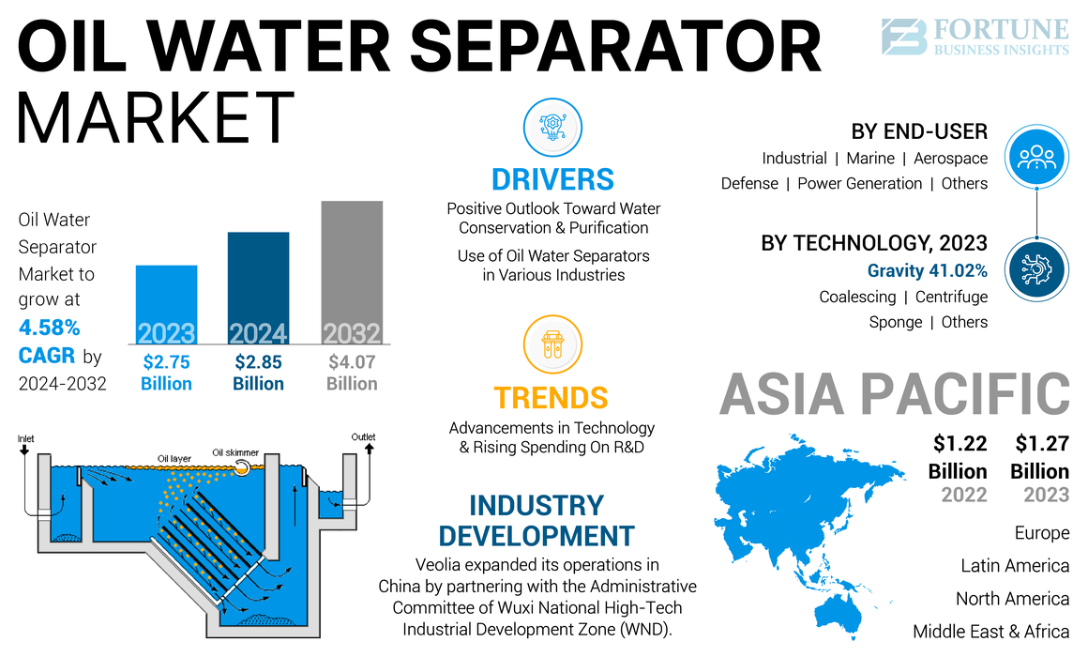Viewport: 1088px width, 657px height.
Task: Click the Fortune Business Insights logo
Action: [975, 38]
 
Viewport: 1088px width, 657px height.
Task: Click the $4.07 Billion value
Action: [352, 372]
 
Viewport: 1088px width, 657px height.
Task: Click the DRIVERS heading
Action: [552, 178]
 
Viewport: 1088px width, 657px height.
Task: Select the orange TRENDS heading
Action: [551, 397]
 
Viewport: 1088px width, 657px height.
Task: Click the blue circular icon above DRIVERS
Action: [552, 128]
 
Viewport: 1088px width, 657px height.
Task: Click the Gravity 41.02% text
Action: [927, 271]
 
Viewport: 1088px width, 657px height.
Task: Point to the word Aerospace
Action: [950, 159]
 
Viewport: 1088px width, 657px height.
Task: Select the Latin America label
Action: [1015, 566]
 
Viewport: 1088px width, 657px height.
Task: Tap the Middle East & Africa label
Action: [990, 632]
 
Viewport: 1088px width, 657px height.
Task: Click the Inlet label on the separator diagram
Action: [26, 438]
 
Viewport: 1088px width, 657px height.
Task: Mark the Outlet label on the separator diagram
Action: [363, 437]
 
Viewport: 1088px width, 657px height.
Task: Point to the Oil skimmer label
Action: [235, 451]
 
